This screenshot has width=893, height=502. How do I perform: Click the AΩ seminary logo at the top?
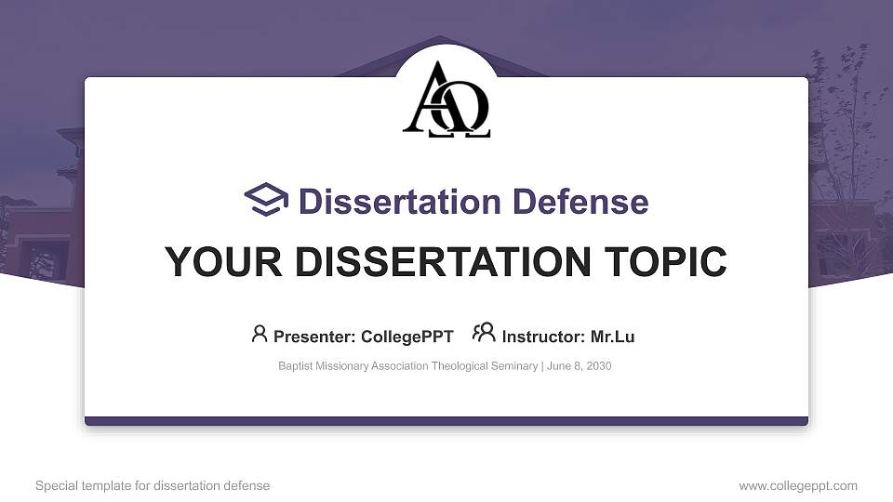[446, 100]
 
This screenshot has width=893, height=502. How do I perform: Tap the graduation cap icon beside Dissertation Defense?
[266, 201]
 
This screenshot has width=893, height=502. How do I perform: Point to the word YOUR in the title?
[208, 262]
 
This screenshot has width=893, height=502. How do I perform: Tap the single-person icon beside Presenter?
[260, 334]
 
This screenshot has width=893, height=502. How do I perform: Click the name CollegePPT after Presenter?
[409, 337]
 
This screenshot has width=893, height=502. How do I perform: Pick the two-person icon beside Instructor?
[484, 334]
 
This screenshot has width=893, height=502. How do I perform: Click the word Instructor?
[544, 337]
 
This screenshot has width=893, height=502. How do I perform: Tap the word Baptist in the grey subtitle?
[296, 366]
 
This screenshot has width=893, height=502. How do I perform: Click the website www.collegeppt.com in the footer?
[798, 486]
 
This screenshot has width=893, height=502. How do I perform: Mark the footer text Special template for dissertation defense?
[153, 486]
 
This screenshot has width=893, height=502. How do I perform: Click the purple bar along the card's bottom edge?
[446, 421]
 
